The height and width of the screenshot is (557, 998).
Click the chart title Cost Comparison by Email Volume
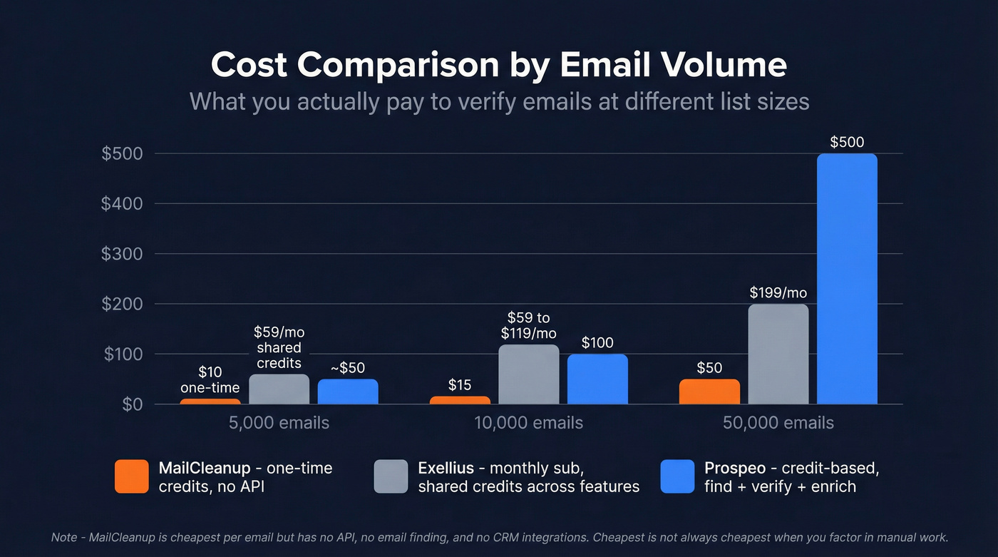499,65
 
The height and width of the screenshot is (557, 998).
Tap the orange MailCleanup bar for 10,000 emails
460,400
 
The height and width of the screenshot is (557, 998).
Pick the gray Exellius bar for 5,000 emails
279,389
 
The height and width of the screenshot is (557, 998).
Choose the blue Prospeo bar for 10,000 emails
597,379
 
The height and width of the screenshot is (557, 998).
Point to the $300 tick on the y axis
122,254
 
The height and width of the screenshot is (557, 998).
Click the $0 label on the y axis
129,404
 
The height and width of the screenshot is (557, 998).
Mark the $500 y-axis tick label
122,154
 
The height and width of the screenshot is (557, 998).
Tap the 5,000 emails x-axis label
279,423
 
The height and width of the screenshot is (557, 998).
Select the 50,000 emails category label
778,423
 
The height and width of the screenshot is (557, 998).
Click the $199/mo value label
778,292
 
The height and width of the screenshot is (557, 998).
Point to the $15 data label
460,385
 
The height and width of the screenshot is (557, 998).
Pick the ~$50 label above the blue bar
348,368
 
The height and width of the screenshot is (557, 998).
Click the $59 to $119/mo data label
528,325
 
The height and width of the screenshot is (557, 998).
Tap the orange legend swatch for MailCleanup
132,476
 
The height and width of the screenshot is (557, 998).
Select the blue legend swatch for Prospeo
677,476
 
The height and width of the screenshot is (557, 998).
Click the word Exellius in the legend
446,469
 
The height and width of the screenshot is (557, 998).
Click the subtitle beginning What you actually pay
499,101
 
